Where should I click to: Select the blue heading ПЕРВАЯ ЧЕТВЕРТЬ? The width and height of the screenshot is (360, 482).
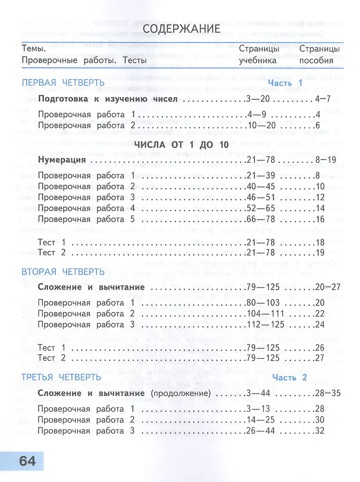[x=63, y=83]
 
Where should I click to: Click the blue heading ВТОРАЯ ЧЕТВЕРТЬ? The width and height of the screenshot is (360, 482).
[x=63, y=272]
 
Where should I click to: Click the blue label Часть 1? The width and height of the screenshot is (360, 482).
[x=286, y=83]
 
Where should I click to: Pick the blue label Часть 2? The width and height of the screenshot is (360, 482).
[x=290, y=378]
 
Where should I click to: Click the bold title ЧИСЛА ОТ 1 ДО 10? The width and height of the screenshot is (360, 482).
[x=181, y=144]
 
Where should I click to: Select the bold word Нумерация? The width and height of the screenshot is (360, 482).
[x=62, y=160]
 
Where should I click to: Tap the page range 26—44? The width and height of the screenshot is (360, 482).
[x=261, y=431]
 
